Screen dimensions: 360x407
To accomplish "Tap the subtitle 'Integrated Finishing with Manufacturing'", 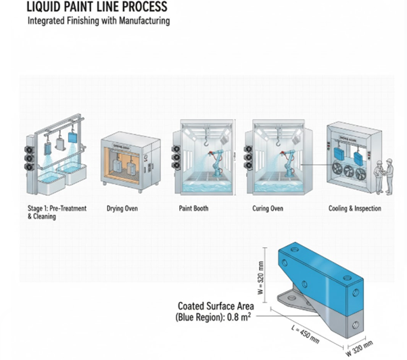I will coord(98,21).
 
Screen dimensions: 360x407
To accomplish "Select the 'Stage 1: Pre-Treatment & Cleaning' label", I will coord(52,213).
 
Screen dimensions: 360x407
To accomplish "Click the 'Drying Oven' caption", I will coord(122,209).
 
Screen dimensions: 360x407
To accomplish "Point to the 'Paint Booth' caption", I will coord(195,209).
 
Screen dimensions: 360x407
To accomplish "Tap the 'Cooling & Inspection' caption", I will coord(354,209).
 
